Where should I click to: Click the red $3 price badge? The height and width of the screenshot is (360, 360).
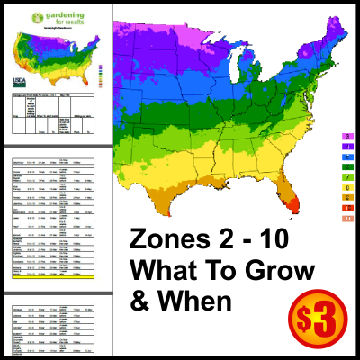[316, 320]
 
